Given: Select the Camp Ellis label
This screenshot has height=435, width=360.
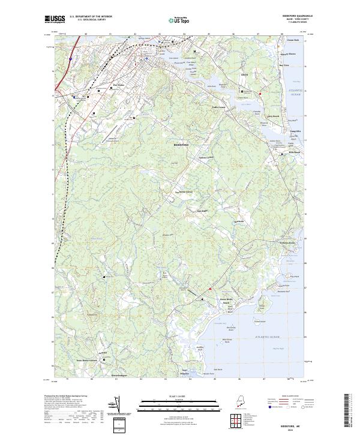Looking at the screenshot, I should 295,131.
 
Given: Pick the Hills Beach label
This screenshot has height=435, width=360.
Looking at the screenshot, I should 294,152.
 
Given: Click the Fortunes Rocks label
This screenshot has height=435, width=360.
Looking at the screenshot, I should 289,242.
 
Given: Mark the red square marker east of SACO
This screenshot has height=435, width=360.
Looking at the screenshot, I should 260,94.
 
